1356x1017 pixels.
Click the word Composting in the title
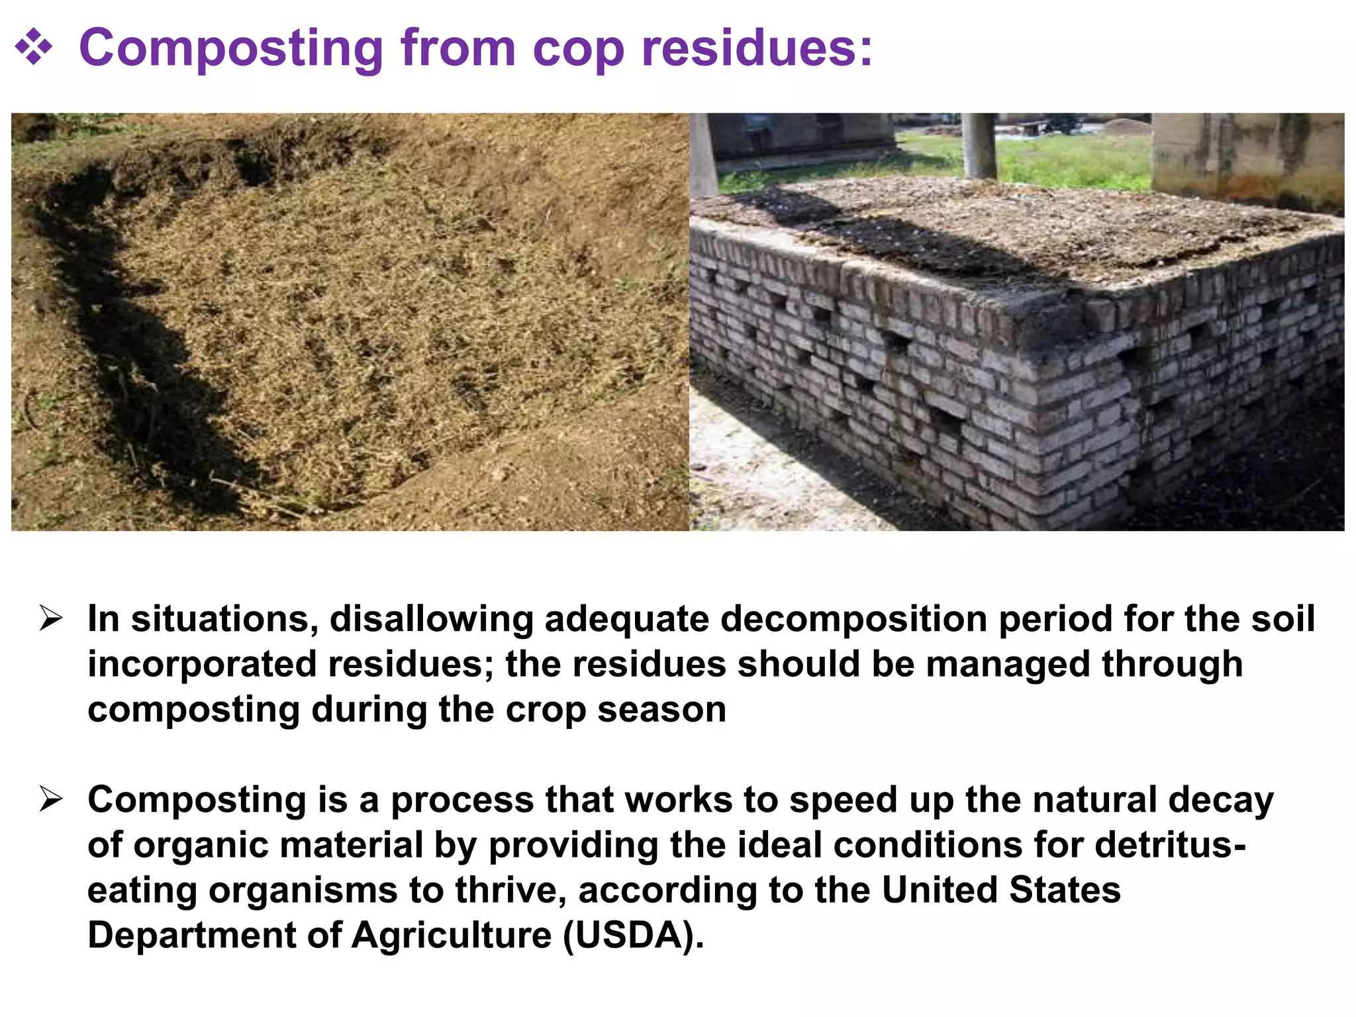(230, 49)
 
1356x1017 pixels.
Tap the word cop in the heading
(577, 49)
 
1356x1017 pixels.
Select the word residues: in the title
(757, 48)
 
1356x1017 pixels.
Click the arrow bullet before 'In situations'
(50, 618)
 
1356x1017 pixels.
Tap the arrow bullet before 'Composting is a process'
(50, 799)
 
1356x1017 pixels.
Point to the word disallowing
(431, 620)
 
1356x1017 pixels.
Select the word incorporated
(202, 664)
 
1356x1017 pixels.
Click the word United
(940, 890)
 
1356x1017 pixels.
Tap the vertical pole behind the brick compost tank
(979, 146)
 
